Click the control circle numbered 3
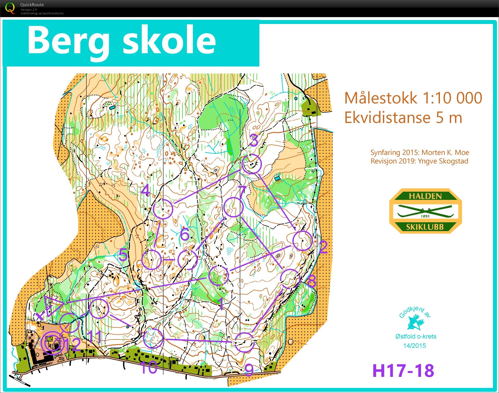pyautogui.click(x=251, y=164)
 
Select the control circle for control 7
pyautogui.click(x=233, y=207)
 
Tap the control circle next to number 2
pyautogui.click(x=302, y=241)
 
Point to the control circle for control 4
pyautogui.click(x=163, y=208)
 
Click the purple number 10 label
pyautogui.click(x=148, y=367)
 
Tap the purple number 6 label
pyautogui.click(x=185, y=234)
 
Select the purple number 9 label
pyautogui.click(x=249, y=370)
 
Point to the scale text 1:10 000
pyautogui.click(x=452, y=98)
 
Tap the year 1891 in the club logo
pyautogui.click(x=425, y=216)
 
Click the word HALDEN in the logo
pyautogui.click(x=425, y=196)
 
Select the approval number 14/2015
pyautogui.click(x=414, y=346)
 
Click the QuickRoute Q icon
pyautogui.click(x=10, y=8)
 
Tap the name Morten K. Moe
pyautogui.click(x=445, y=153)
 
